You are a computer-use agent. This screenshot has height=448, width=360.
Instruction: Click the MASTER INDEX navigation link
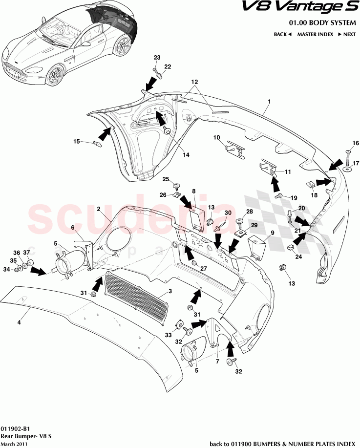[315, 35]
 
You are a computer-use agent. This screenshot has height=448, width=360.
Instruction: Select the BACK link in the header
[282, 35]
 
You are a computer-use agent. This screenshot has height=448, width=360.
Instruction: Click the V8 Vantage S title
[298, 8]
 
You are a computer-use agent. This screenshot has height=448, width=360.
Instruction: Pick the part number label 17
[356, 163]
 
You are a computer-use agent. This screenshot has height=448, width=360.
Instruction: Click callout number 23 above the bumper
[157, 58]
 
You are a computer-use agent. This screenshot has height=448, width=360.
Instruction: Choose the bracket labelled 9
[256, 245]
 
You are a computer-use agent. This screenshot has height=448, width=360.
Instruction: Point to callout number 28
[249, 212]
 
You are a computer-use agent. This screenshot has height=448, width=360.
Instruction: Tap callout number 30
[227, 213]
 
